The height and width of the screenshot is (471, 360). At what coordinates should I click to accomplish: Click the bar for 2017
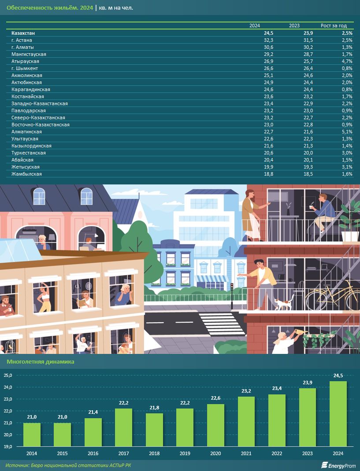pyautogui.click(x=124, y=427)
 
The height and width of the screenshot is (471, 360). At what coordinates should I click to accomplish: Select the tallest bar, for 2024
pyautogui.click(x=338, y=414)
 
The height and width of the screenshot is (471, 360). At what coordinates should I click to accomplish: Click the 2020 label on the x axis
pyautogui.click(x=215, y=453)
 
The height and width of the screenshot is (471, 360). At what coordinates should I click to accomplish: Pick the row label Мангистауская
pyautogui.click(x=29, y=54)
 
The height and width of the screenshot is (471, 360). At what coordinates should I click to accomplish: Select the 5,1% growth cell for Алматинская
pyautogui.click(x=346, y=132)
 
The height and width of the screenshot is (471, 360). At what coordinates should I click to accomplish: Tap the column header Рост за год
pyautogui.click(x=334, y=26)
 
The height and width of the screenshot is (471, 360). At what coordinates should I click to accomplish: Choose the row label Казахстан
pyautogui.click(x=26, y=33)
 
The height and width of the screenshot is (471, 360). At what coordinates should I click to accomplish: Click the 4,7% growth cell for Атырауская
pyautogui.click(x=346, y=61)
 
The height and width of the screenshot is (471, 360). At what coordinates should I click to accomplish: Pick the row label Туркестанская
pyautogui.click(x=29, y=153)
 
